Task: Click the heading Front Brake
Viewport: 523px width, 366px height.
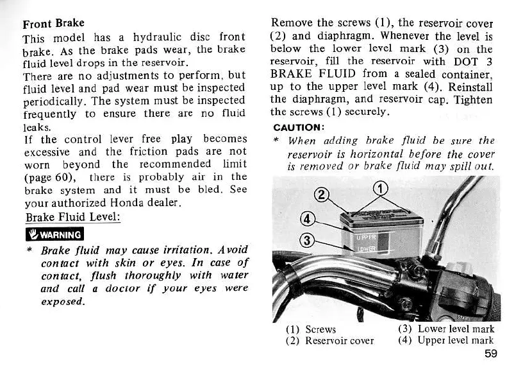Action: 53,24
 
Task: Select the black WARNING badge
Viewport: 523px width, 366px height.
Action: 53,234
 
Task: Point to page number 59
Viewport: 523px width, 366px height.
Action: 491,353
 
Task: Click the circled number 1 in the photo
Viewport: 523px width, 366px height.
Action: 381,188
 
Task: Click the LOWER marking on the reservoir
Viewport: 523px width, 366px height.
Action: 364,248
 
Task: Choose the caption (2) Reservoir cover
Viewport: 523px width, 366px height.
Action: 329,341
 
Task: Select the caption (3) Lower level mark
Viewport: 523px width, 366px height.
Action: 445,329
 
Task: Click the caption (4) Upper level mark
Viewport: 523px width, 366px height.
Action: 445,341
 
